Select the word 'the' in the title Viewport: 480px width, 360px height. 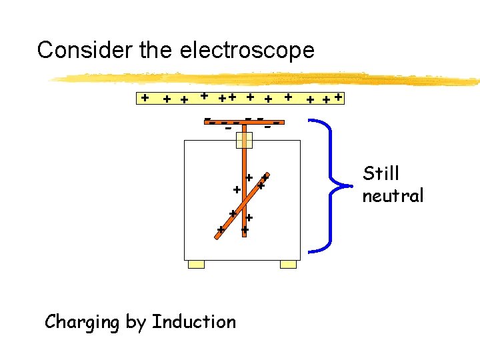point(157,50)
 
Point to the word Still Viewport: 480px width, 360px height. point(381,173)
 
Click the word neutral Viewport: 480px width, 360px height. point(393,196)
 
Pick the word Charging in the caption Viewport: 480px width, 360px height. point(83,323)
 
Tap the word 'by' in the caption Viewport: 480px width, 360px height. point(136,323)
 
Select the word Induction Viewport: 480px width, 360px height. point(193,322)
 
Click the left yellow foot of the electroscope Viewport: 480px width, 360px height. point(196,265)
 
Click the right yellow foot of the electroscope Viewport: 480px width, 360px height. point(288,265)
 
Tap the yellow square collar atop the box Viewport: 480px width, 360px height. point(245,140)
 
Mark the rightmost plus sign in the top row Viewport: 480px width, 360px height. point(339,97)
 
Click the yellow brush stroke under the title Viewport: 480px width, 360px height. point(267,79)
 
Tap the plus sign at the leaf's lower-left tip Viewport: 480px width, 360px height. point(220,230)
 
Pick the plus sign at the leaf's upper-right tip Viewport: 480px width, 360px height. point(265,179)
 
